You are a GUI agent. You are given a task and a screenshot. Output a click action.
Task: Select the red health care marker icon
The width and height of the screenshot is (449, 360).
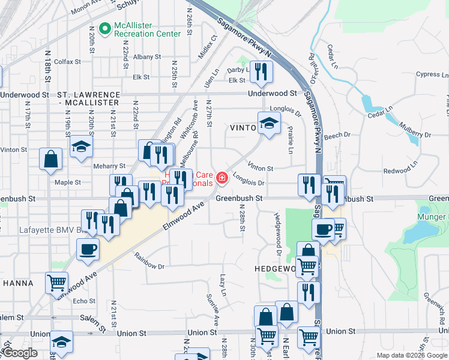coord(223,178)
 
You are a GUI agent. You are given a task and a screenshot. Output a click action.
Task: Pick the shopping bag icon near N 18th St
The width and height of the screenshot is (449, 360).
coord(51,158)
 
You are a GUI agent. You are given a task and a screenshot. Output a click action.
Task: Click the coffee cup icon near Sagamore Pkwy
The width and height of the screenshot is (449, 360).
coord(323,229)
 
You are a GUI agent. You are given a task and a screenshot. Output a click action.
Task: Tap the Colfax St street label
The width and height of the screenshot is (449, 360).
coord(67,61)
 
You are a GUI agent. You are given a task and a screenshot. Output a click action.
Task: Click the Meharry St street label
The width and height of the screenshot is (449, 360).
coord(109,166)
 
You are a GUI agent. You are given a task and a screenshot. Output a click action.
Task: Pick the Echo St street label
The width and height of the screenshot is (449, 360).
coord(83,301)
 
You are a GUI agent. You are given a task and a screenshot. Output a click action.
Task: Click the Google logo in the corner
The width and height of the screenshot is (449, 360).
coord(20,353)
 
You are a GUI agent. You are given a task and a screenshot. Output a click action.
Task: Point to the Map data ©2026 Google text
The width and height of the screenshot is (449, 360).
coord(412,355)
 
